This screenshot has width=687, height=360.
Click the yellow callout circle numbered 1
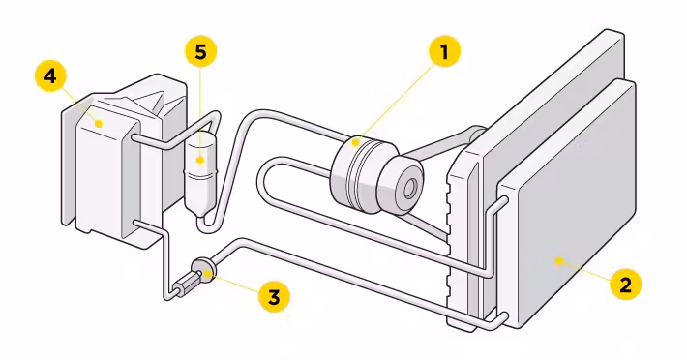[x=444, y=51]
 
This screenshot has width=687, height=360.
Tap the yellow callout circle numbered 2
[x=626, y=285]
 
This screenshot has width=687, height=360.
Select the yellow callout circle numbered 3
[x=274, y=297]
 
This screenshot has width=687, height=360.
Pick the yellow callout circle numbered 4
[x=51, y=76]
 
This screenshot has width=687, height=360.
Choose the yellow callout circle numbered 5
[x=200, y=51]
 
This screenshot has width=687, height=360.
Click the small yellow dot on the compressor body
[x=356, y=142]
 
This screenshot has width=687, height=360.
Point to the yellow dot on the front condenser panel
[x=558, y=261]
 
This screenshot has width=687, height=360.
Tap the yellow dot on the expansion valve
[x=207, y=273]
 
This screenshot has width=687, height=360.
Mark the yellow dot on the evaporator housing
[x=99, y=124]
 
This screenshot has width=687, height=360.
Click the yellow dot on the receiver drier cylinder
[x=200, y=160]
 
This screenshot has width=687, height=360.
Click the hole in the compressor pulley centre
[x=409, y=189]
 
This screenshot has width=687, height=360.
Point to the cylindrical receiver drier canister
[x=200, y=174]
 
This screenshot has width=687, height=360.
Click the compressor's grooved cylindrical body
[x=357, y=174]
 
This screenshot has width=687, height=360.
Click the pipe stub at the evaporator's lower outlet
[x=144, y=226]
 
